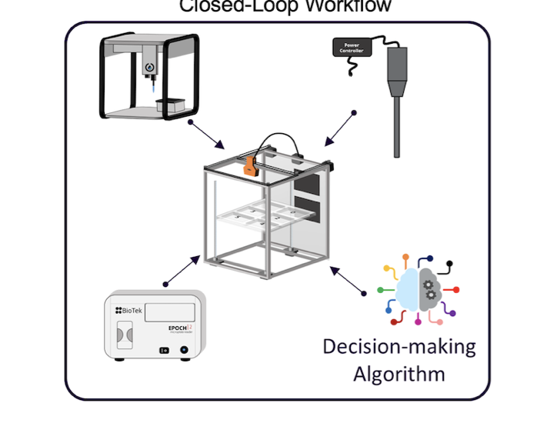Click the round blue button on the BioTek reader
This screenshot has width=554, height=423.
coord(184,349)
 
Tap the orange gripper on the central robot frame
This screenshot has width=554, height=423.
coord(250,165)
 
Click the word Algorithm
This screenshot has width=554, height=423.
coord(399,375)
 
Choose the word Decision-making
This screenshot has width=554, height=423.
coord(399,346)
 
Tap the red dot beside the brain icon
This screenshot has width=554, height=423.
coord(456,290)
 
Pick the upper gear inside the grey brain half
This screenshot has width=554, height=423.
coord(428,285)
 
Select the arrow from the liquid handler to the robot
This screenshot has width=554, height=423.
coord(208,135)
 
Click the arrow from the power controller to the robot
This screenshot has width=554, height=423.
coord(338,129)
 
